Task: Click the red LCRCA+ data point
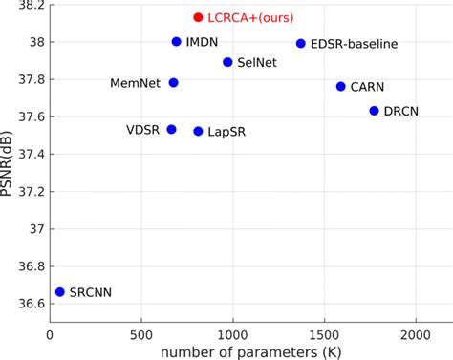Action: pos(198,17)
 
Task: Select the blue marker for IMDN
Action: pos(176,42)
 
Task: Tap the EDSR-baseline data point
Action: pos(301,43)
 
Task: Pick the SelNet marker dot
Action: pos(227,62)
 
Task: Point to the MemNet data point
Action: pos(173,83)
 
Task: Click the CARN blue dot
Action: pos(340,86)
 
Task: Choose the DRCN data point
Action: pos(374,111)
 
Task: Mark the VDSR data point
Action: pos(171,129)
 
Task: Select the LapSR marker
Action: pos(198,131)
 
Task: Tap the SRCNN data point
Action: pos(59,292)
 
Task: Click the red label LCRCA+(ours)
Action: pos(250,17)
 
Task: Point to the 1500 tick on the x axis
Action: pos(325,334)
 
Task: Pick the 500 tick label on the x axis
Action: pos(141,334)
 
